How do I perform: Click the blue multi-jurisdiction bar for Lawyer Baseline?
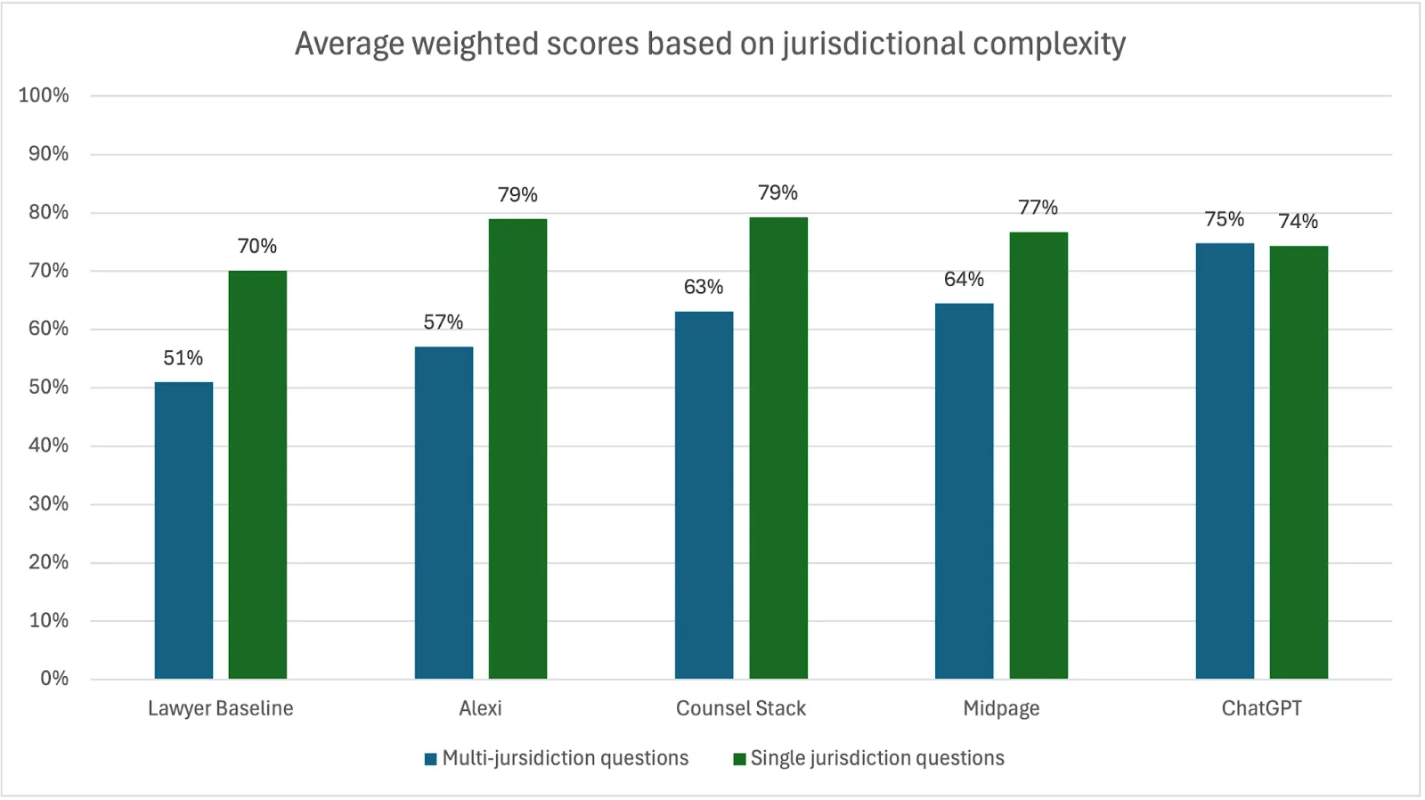click(183, 530)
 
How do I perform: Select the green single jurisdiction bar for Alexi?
click(517, 448)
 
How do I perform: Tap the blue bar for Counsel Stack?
click(704, 494)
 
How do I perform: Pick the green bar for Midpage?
click(1038, 455)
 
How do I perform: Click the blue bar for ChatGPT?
click(1225, 461)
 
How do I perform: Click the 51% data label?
click(183, 358)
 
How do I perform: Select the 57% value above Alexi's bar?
click(444, 322)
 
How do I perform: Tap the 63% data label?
click(704, 287)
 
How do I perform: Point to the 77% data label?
click(1038, 208)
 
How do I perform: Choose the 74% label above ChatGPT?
click(1299, 221)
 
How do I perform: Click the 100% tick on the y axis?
click(44, 95)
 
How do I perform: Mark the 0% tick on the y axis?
click(54, 679)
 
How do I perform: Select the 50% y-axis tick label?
click(48, 388)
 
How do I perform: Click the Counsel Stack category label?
click(741, 708)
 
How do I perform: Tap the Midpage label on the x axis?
click(1001, 709)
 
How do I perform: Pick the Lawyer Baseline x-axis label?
click(220, 708)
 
